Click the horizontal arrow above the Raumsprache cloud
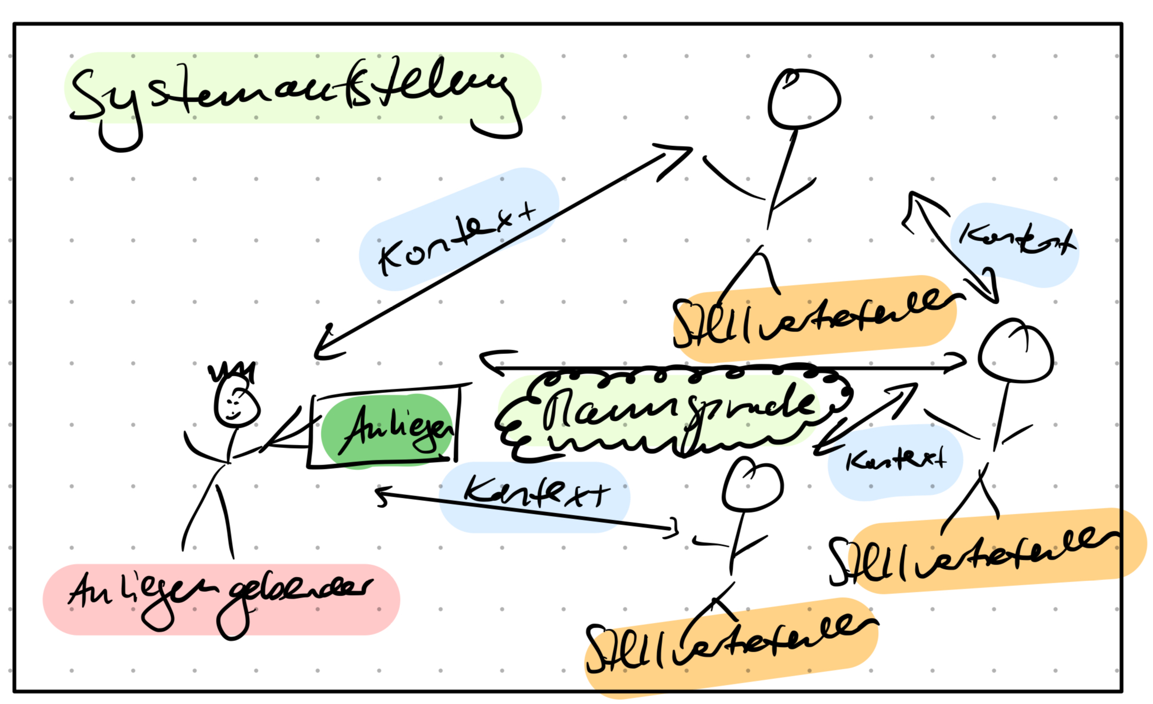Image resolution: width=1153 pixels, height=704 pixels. pyautogui.click(x=722, y=368)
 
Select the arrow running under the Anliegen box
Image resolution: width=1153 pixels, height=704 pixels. pyautogui.click(x=527, y=510)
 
